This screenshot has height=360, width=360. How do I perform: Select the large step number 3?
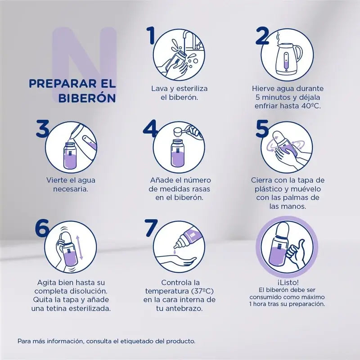click(x=42, y=128)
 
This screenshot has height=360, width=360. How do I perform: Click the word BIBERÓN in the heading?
click(x=87, y=98)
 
